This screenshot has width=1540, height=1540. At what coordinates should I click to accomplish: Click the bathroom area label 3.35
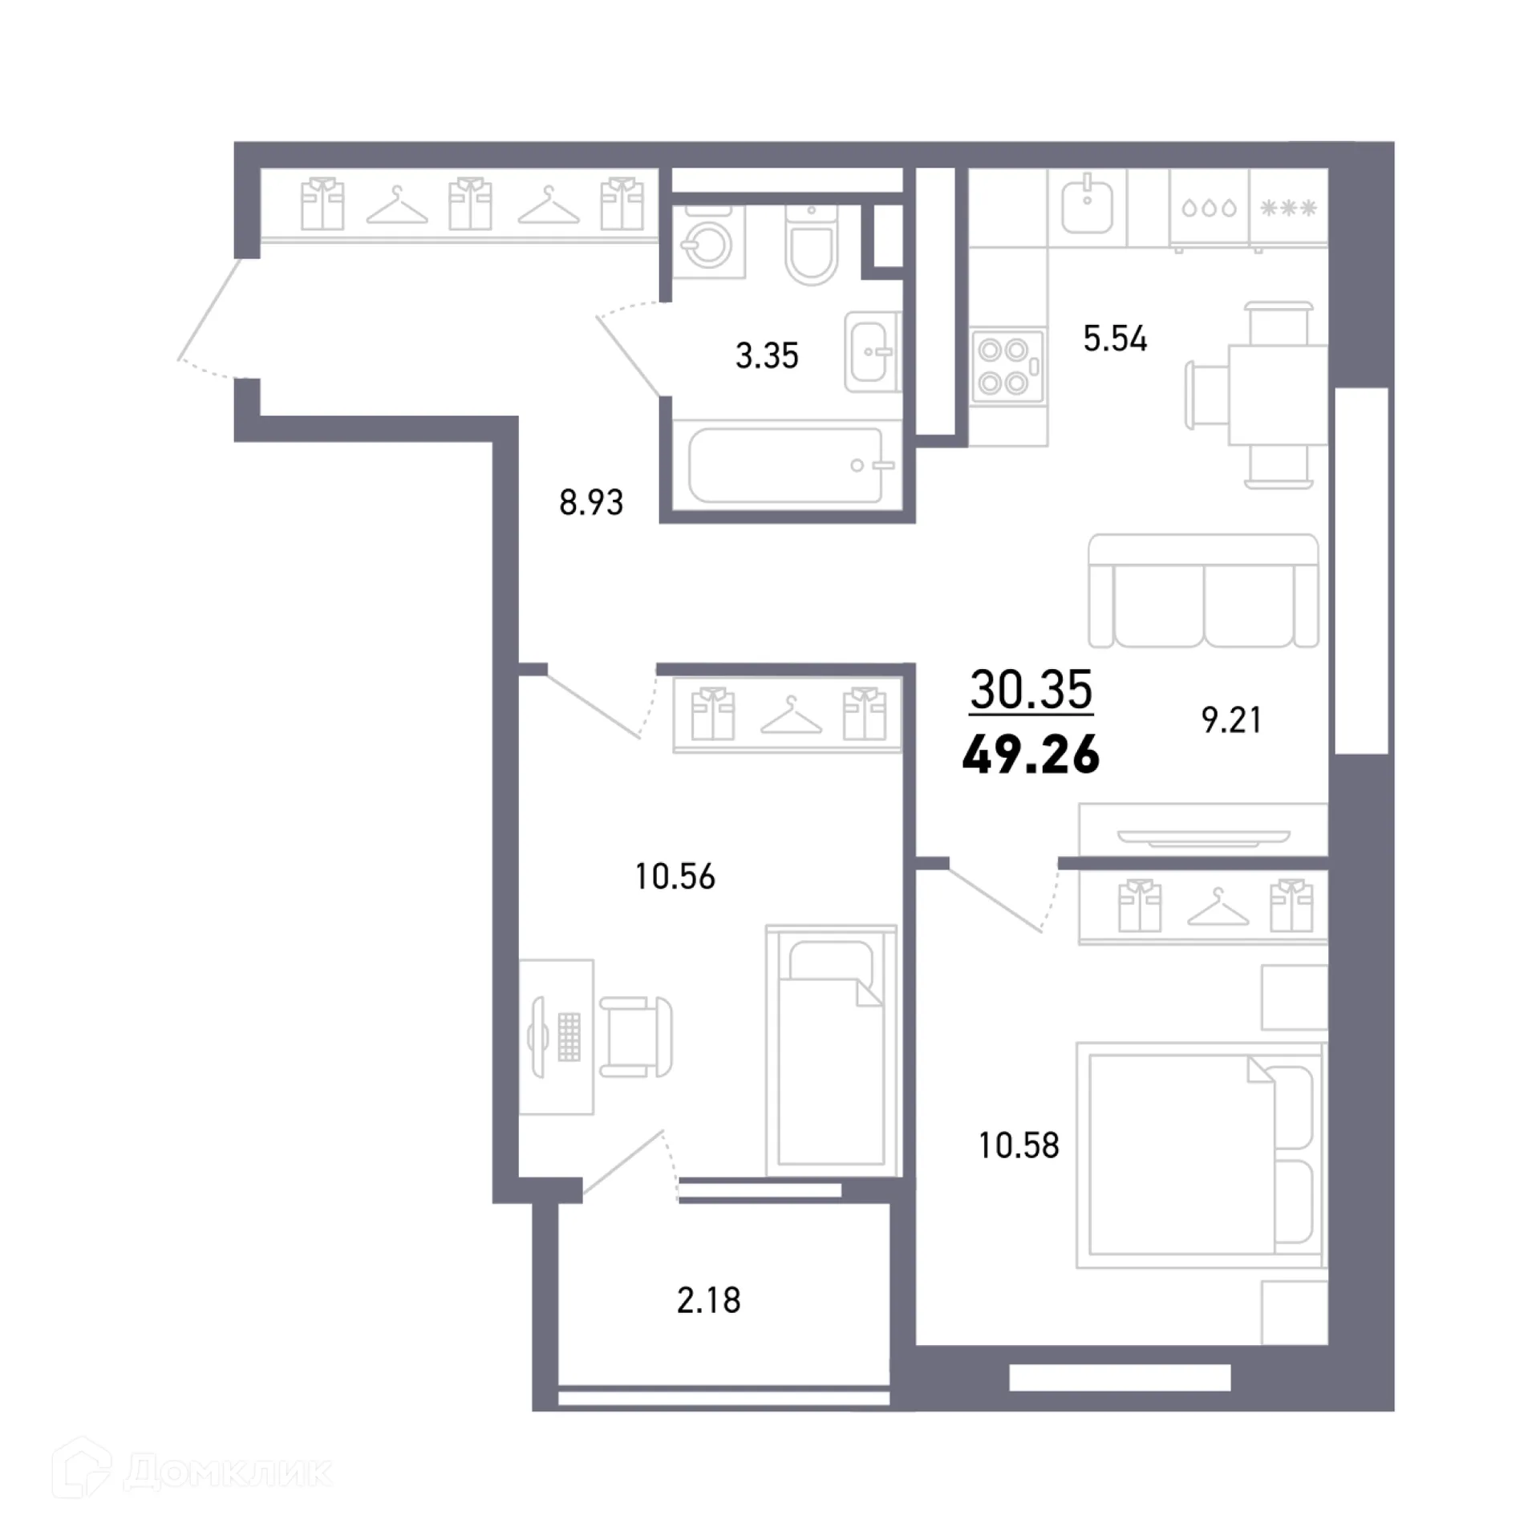point(767,355)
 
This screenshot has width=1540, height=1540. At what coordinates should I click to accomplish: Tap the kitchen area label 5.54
point(1114,338)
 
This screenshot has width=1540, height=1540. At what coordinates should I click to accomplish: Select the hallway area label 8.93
point(591,503)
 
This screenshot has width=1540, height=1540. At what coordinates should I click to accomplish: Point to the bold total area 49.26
point(1031,755)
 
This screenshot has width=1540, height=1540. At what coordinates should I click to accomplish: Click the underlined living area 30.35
point(1031,689)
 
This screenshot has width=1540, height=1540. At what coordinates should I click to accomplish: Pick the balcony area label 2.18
point(708,1300)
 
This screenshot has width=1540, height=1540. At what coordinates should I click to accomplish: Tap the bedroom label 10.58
point(1019,1145)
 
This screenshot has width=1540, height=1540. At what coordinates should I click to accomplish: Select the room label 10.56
point(675,877)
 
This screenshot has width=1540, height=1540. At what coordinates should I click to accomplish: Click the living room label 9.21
point(1231,720)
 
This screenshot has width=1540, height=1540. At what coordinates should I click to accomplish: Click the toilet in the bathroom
point(812,245)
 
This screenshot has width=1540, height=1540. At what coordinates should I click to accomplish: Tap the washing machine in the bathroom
point(707,242)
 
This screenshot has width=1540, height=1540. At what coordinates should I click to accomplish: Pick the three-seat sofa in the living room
point(1203,592)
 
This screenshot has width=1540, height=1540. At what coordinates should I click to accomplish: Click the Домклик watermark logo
point(192,1471)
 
